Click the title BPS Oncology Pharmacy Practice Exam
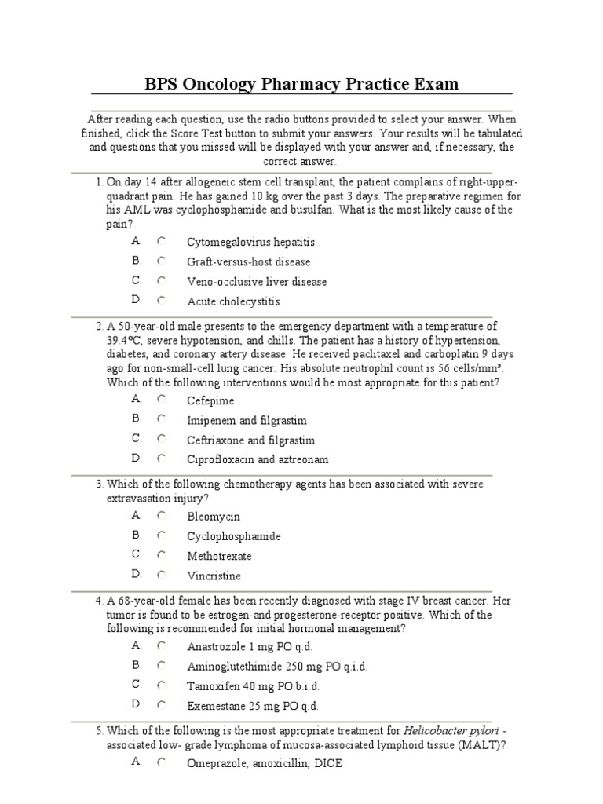tap(301, 83)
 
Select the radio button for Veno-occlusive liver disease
tap(161, 280)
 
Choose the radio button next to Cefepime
tap(161, 399)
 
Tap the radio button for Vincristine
tap(161, 575)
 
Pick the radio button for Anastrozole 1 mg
tap(161, 645)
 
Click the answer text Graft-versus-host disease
tap(248, 261)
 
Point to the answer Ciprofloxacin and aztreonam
tap(258, 459)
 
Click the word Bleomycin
tap(214, 517)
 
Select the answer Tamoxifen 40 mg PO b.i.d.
tap(253, 685)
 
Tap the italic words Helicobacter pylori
tap(441, 731)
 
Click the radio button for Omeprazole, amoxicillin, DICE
tap(161, 762)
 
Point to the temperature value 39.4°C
tap(127, 341)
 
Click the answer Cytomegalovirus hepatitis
tap(250, 243)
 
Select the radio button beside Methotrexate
tap(161, 555)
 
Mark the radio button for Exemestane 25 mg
tap(161, 704)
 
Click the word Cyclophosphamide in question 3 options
tap(233, 536)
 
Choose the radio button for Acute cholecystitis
tap(161, 300)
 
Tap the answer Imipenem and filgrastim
tap(247, 420)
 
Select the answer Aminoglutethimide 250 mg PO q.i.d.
tap(276, 666)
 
